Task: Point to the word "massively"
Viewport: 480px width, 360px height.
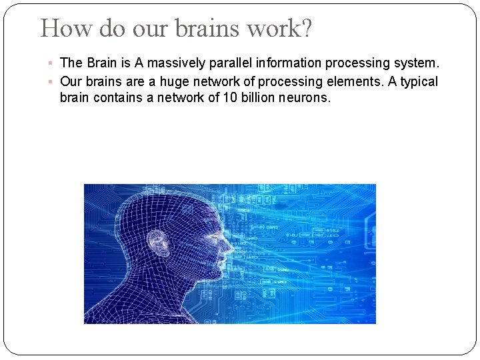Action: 175,63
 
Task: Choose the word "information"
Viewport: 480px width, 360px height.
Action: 289,63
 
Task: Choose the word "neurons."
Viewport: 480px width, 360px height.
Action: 305,98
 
